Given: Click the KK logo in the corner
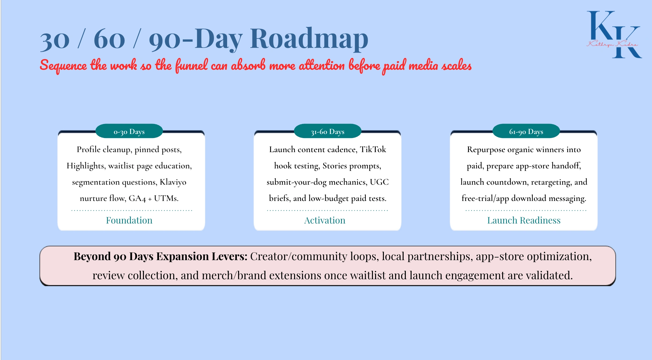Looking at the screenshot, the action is click(613, 34).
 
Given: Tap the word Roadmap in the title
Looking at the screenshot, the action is click(309, 39).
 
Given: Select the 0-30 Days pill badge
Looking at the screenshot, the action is click(129, 131).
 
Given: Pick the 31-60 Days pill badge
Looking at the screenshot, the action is click(328, 131).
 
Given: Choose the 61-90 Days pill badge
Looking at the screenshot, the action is click(526, 131).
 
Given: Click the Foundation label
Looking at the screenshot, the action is click(129, 220).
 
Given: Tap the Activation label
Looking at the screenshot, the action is click(325, 220).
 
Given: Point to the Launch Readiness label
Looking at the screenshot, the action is click(524, 220).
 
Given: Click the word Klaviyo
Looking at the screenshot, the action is click(173, 183).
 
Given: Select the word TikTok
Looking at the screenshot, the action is click(373, 150).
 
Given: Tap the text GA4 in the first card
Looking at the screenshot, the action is click(137, 198).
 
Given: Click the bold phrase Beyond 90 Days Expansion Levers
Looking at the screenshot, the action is click(160, 257).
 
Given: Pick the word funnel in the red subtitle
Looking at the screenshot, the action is click(191, 66).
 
